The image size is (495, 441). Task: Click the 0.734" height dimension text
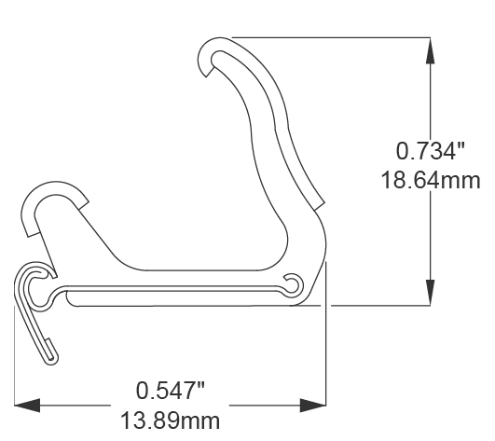430,150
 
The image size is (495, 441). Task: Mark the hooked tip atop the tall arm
212,58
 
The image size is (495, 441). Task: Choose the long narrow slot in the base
177,294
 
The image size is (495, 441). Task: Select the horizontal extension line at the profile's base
373,305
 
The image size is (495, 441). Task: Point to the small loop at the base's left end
36,284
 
